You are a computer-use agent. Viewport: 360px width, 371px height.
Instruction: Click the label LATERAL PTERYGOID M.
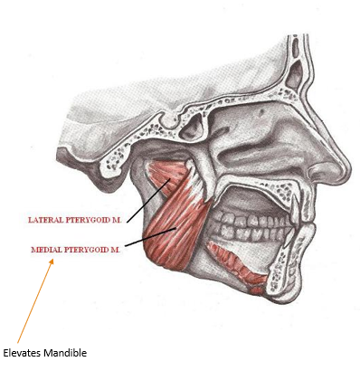[x=74, y=219]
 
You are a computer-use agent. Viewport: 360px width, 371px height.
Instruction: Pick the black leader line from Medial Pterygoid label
[x=149, y=237]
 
